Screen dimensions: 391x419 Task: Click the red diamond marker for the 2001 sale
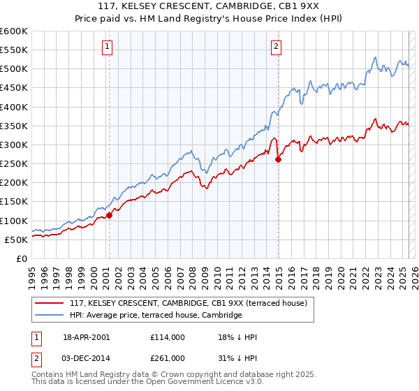pos(110,216)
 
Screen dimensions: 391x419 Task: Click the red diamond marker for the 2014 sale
pos(279,160)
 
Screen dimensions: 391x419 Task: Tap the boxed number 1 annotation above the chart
pos(108,47)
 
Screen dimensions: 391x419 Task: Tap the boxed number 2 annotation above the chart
pos(277,47)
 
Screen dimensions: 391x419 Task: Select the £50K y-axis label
pos(16,239)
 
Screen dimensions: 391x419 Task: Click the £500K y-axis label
pos(13,69)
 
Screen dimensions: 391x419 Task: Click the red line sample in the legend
pos(49,303)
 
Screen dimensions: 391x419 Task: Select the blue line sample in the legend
pos(49,316)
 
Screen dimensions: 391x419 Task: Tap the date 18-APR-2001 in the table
pos(87,337)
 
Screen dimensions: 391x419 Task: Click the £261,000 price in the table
pos(168,357)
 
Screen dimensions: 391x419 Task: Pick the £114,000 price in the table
pos(168,337)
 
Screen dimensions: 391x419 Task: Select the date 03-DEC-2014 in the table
pos(87,357)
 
